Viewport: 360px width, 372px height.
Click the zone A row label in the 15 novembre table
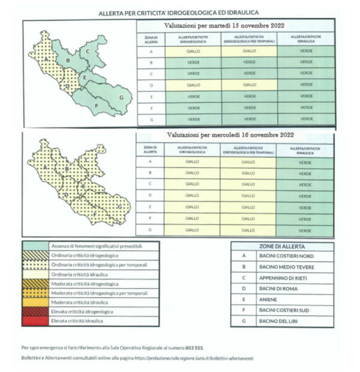(151, 51)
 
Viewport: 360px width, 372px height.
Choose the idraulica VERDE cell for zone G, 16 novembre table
(305, 230)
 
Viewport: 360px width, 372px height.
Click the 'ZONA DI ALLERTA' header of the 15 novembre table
(151, 39)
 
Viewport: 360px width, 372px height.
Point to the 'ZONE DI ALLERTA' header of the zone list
(283, 246)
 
